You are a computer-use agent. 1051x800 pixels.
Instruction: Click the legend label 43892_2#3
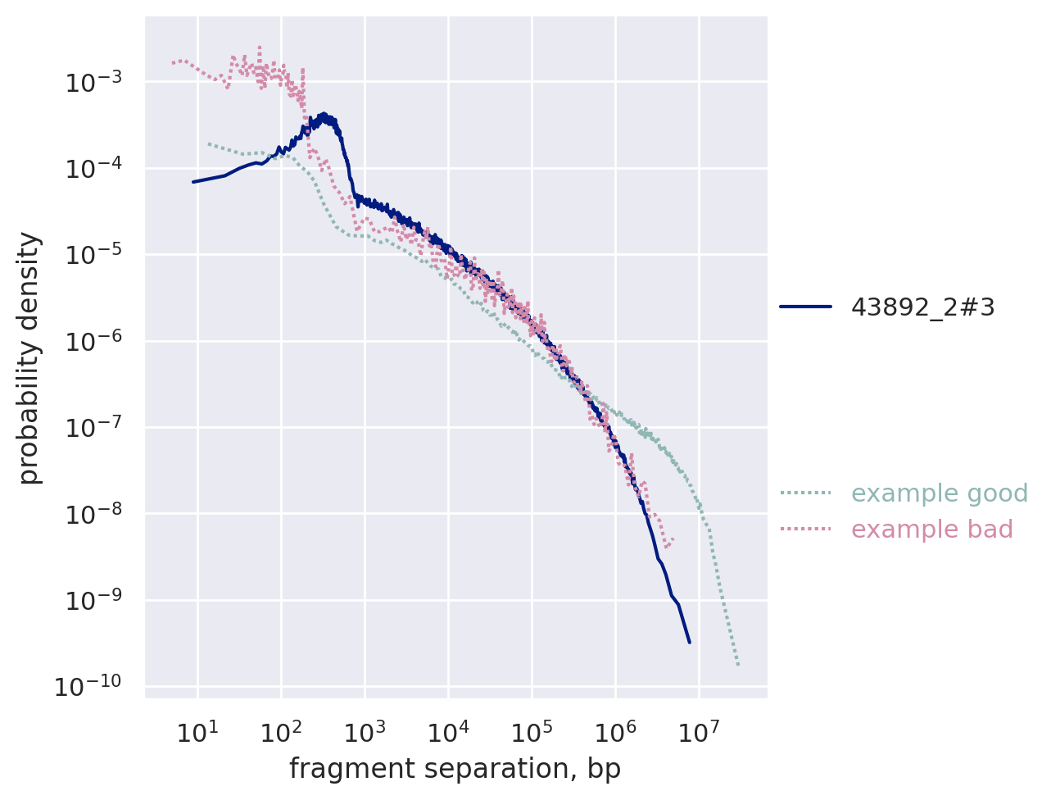[x=922, y=307]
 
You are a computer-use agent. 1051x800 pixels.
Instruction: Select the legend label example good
[x=940, y=493]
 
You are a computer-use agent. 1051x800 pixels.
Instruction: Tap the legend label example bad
[x=932, y=530]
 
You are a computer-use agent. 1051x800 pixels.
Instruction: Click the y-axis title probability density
[x=29, y=358]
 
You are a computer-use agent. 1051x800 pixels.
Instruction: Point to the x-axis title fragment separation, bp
[x=455, y=769]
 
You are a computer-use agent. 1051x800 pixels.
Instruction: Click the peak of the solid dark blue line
[x=324, y=115]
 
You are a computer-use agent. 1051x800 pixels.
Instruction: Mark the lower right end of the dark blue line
[x=689, y=643]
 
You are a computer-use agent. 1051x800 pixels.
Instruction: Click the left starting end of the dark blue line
[x=193, y=182]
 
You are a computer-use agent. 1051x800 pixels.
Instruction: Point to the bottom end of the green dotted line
[x=738, y=665]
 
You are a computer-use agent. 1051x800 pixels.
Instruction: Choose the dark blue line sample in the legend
[x=805, y=307]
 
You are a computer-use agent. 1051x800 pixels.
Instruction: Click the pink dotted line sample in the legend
[x=805, y=529]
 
